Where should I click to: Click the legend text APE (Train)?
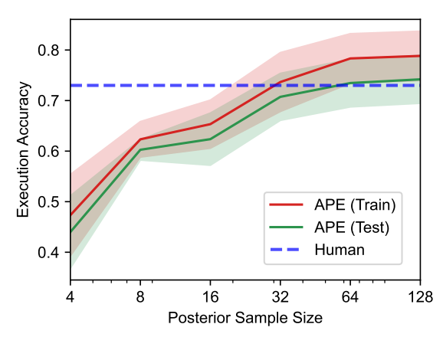[353, 205]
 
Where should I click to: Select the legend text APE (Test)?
[351, 227]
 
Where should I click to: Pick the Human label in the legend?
[338, 249]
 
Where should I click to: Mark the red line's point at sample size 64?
[349, 58]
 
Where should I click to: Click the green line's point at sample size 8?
[140, 149]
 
